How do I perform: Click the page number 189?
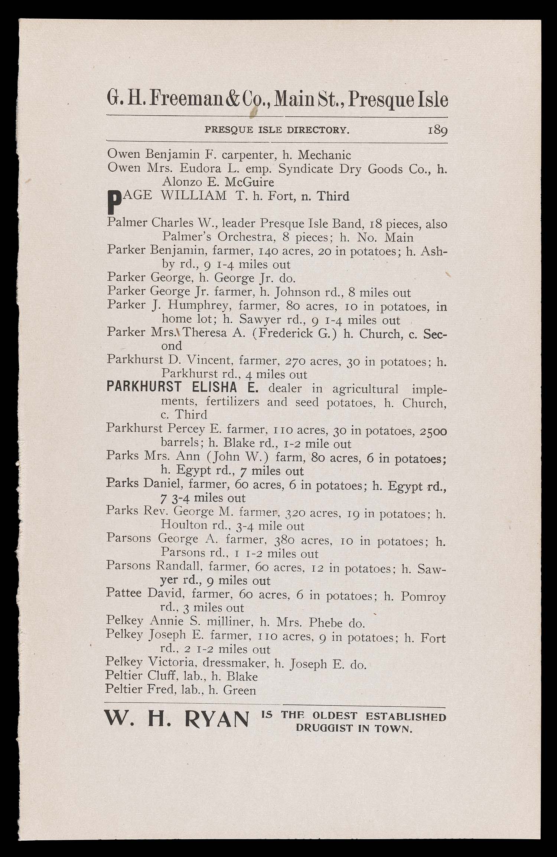click(438, 131)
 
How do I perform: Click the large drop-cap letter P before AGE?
click(110, 203)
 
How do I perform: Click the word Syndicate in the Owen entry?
click(305, 169)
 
